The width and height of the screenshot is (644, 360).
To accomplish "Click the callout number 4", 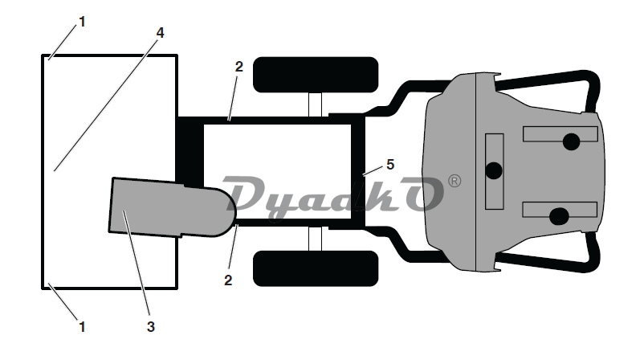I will coord(161,33).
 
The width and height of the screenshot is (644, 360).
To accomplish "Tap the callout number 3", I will coord(150,326).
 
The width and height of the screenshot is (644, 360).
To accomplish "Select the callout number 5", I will coord(390,164).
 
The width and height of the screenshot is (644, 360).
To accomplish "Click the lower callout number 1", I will coord(81,326).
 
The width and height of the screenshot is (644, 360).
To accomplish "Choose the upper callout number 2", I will coord(238,67).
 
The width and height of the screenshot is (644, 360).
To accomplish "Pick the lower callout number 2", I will coord(228,280).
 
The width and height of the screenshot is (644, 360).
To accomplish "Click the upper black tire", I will coord(316,75).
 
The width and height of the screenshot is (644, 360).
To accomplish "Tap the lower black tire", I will coord(316,268).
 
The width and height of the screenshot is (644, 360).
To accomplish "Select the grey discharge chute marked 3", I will coord(161,207).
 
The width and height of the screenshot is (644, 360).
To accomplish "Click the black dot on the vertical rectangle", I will coord(494,170).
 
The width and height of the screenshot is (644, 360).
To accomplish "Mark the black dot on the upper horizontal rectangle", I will coord(571,141).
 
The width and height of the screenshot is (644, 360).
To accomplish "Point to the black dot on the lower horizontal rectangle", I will coord(560,215).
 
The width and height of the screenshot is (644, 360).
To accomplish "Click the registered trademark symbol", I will coord(454,182).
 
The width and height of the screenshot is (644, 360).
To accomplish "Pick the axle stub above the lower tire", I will coord(316,239).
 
